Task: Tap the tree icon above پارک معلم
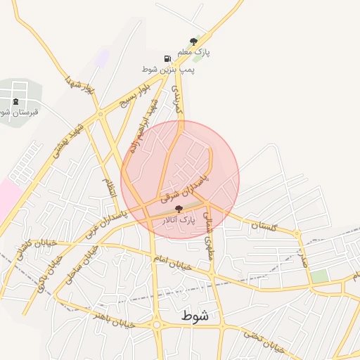(193, 41)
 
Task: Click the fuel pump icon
(167, 58)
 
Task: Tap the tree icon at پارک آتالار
(179, 208)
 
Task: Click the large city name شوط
(194, 316)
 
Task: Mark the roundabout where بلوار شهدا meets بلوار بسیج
(101, 112)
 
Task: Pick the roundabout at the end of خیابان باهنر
(157, 325)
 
